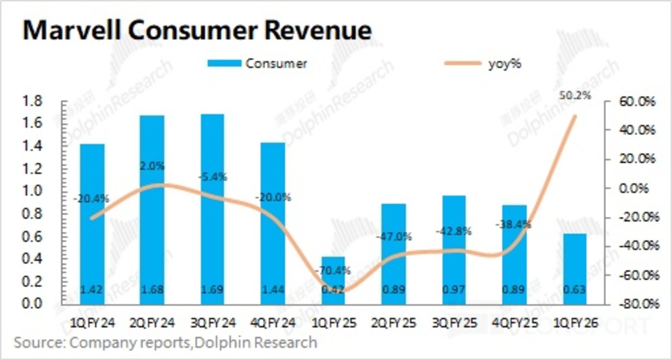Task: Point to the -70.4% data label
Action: point(333,270)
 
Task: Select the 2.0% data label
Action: point(152,166)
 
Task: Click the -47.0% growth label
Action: point(394,236)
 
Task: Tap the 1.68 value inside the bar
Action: point(152,290)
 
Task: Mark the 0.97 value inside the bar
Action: point(453,290)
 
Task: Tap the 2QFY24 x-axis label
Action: point(152,324)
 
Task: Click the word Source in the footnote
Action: point(38,343)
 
